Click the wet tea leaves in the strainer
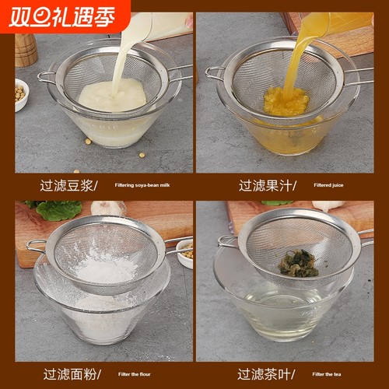(x=297, y=263)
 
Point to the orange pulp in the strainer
(x=286, y=102)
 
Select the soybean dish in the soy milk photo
(x=21, y=93)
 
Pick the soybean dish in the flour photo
(x=186, y=253)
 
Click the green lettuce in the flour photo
(x=58, y=209)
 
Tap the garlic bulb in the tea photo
(x=328, y=206)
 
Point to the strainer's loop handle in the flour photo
(x=36, y=246)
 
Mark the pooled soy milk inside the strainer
(x=112, y=95)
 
